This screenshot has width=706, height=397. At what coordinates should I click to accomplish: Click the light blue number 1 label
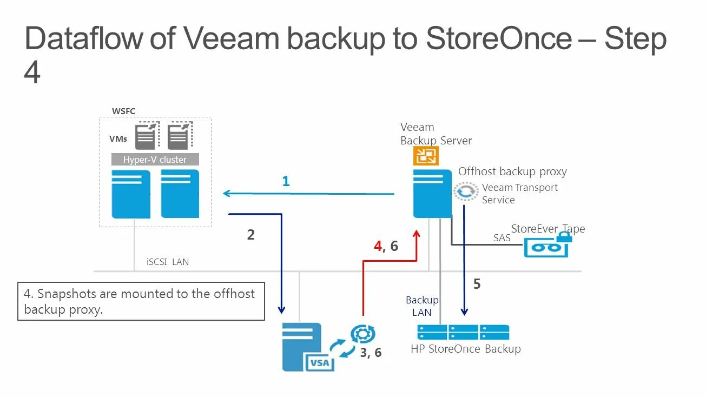[x=286, y=182]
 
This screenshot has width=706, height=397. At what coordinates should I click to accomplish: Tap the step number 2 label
[x=250, y=235]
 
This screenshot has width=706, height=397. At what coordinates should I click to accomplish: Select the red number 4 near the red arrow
[x=378, y=246]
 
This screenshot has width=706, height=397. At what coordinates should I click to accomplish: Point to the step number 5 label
[x=477, y=284]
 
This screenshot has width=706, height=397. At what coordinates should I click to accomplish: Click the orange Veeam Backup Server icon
[x=426, y=156]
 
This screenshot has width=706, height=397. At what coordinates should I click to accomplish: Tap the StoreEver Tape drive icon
[x=545, y=247]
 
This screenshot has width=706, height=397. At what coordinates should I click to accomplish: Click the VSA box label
[x=319, y=362]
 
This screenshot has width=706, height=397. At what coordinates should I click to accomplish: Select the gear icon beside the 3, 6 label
[x=362, y=334]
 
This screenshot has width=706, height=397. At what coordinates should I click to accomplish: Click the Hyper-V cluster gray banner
[x=155, y=160]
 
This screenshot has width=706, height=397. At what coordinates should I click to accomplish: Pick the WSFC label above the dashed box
[x=123, y=111]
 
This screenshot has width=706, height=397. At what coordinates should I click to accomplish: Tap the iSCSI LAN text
[x=168, y=262]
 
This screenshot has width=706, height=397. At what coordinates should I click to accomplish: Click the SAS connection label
[x=502, y=237]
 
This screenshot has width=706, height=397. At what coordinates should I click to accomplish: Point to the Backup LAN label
[x=422, y=306]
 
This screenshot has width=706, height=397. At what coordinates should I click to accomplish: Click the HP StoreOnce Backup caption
[x=465, y=349]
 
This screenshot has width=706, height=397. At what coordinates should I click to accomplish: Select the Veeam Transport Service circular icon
[x=466, y=191]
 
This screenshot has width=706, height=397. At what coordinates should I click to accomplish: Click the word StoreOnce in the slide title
[x=498, y=38]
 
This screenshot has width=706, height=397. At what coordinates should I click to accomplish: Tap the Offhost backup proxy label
[x=512, y=171]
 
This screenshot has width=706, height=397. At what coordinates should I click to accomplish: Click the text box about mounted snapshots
[x=141, y=301]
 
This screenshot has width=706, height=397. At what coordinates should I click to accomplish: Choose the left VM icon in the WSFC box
[x=147, y=136]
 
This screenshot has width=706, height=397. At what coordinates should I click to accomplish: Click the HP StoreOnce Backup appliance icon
[x=463, y=332]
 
